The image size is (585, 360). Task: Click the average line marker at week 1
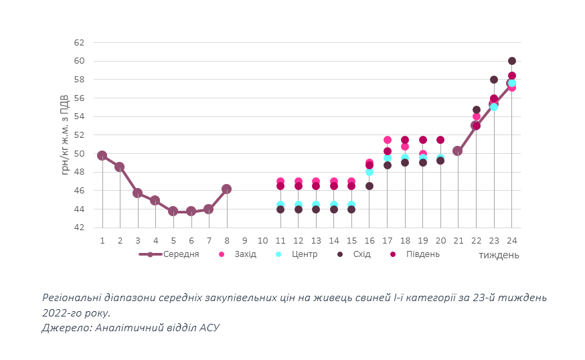tap(102, 155)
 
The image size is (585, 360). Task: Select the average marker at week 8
tap(226, 189)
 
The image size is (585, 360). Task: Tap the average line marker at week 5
tap(173, 211)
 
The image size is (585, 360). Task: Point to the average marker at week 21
tap(458, 151)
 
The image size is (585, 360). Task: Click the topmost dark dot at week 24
tap(512, 61)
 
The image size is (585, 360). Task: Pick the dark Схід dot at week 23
tap(494, 80)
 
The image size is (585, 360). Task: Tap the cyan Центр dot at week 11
tap(280, 205)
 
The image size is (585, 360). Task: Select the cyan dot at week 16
tap(369, 172)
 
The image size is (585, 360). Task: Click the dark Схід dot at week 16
tap(369, 186)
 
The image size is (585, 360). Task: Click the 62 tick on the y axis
tap(79, 42)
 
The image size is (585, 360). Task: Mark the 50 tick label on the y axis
tap(79, 154)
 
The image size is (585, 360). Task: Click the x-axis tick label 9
tap(245, 240)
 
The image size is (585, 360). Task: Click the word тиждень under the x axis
tap(499, 255)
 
